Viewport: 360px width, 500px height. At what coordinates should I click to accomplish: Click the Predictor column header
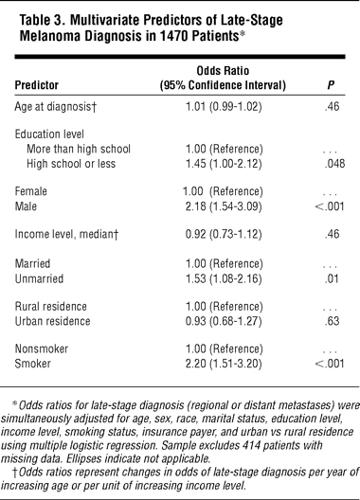pos(37,85)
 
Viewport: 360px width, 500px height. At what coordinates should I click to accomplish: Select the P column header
pos(331,85)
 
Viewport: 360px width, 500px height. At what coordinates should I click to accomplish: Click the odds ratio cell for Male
pos(224,206)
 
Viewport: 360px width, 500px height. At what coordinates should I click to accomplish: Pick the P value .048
pos(334,164)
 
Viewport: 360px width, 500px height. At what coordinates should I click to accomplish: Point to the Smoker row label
pos(33,364)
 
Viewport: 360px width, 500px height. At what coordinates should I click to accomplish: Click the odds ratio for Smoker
pos(224,364)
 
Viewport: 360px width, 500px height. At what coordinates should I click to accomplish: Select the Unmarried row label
pos(39,278)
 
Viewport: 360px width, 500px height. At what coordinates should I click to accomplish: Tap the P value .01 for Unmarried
pos(332,278)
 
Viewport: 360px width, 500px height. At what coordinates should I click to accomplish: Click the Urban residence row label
pos(53,321)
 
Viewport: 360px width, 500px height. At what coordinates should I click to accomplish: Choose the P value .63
pos(332,321)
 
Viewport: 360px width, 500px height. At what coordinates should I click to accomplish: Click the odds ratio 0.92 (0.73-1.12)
pos(224,235)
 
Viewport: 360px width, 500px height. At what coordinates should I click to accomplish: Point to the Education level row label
pos(49,134)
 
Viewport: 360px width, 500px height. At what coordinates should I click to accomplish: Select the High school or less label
pos(71,164)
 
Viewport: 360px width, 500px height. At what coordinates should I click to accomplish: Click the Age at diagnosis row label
pos(55,106)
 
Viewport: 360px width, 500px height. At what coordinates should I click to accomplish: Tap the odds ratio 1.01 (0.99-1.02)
pos(224,106)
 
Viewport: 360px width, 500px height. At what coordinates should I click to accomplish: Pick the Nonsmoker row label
pos(42,348)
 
